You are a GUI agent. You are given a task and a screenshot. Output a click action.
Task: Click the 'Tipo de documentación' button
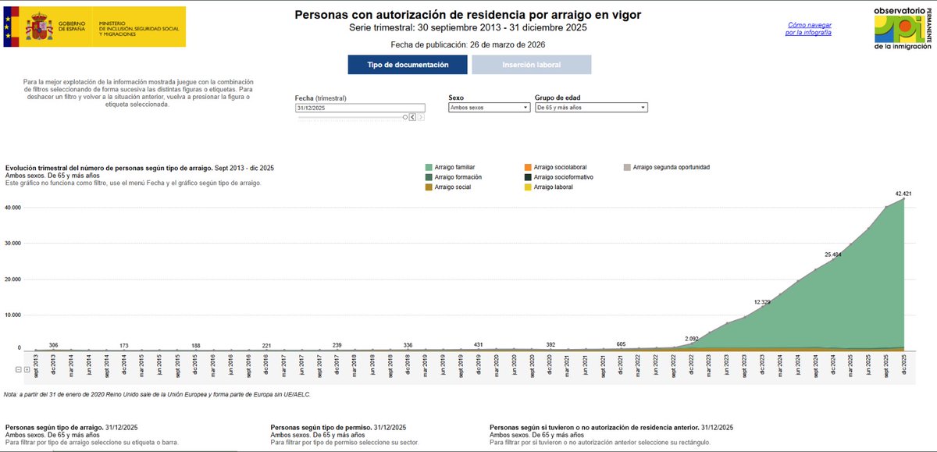click(x=408, y=65)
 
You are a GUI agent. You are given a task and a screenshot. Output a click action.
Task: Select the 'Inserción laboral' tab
click(x=531, y=65)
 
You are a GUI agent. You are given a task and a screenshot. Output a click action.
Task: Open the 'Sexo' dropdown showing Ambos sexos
click(x=489, y=108)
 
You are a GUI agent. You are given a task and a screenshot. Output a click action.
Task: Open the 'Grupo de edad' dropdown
click(x=590, y=108)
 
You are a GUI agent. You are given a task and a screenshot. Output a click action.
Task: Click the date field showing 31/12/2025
click(x=359, y=108)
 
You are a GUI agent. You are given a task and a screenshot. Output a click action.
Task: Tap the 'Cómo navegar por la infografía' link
click(x=808, y=29)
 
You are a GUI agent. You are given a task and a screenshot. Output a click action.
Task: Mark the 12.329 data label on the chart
click(x=764, y=301)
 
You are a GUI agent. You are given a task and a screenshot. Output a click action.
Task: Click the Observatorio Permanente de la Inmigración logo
click(x=901, y=28)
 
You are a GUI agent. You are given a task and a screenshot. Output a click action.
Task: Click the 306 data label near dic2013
click(x=53, y=345)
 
